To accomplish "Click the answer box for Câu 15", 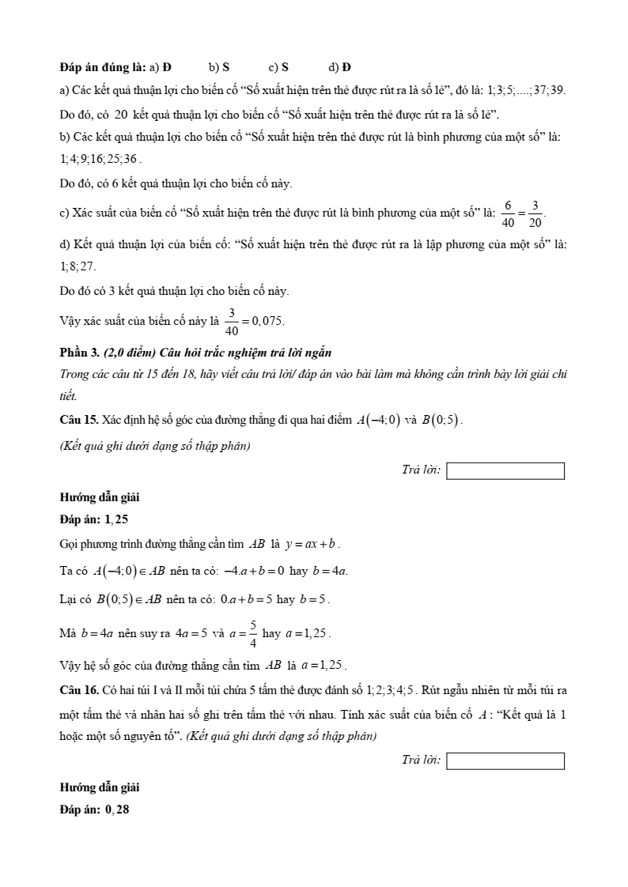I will tap(505, 471).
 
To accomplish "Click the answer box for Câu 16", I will tap(505, 761).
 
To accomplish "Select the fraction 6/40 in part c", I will tap(508, 214).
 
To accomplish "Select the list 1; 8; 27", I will tap(78, 267).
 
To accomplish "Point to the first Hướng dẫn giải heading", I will tap(100, 498).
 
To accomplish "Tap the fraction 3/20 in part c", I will tap(535, 214).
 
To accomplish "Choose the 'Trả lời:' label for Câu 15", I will tap(421, 470).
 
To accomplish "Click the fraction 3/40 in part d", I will tap(232, 320).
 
